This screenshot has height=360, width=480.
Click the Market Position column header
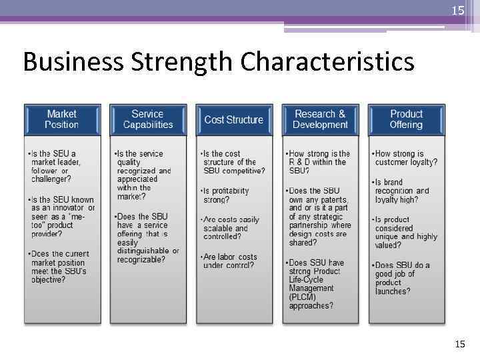coord(61,119)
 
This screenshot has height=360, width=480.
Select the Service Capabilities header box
coord(147,119)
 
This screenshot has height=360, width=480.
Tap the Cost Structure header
coord(233,120)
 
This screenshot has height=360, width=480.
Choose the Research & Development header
coord(320,119)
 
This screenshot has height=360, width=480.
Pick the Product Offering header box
coord(406,119)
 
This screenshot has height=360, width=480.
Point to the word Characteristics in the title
coord(327,63)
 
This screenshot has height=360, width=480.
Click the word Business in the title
coord(72,63)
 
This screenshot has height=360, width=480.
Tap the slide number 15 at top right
coord(457,11)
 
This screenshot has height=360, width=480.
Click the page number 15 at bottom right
coord(459,344)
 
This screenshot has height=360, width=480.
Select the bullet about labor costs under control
coord(230,261)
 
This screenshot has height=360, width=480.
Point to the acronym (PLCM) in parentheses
coord(303,297)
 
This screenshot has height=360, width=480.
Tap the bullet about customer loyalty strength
coord(406,158)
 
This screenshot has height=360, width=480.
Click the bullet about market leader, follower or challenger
coord(59,167)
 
